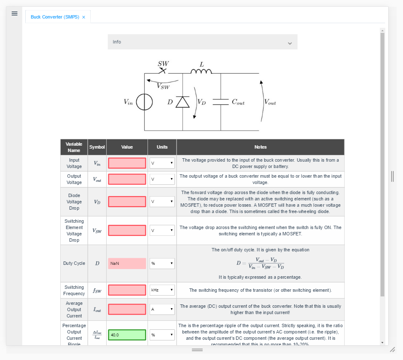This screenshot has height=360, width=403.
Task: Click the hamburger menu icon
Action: coord(14,13)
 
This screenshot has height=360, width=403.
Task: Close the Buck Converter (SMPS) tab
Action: coord(83,17)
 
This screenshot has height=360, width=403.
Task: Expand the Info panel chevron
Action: coord(290,43)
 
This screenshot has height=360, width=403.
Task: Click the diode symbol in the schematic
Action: coord(183,102)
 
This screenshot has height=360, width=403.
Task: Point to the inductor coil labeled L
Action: coord(201,71)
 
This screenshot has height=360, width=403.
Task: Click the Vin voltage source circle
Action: coord(144,102)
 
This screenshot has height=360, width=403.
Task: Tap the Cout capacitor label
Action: coord(238,102)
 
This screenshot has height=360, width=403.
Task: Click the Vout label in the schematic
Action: coord(270,102)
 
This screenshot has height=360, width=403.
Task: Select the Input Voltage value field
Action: coord(127,163)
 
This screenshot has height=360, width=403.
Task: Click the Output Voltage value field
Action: coord(127,179)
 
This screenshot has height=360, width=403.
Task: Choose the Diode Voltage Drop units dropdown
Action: coord(162,202)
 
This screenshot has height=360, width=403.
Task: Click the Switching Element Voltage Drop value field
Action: coord(127,230)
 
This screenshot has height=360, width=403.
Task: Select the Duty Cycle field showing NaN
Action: coord(127,264)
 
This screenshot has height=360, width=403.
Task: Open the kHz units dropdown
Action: coord(162,290)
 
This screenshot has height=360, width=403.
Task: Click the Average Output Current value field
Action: coord(127,309)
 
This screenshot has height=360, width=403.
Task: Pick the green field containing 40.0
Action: coord(127,335)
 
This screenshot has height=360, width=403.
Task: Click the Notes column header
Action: coord(260,147)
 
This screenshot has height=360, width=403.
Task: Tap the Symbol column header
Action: coord(97,147)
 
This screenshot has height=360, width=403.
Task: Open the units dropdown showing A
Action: coord(162,309)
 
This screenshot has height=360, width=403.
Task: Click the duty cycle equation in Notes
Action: coord(260,264)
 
